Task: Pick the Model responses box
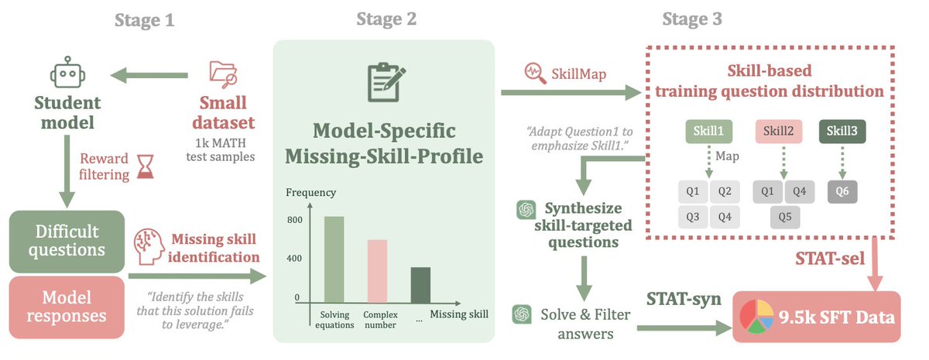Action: click(x=66, y=307)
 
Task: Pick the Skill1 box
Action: click(x=708, y=132)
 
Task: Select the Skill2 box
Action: click(x=778, y=132)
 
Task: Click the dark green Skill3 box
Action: click(x=842, y=132)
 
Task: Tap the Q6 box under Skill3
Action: click(x=842, y=190)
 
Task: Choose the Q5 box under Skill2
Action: click(x=785, y=218)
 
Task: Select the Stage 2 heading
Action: click(x=386, y=19)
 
